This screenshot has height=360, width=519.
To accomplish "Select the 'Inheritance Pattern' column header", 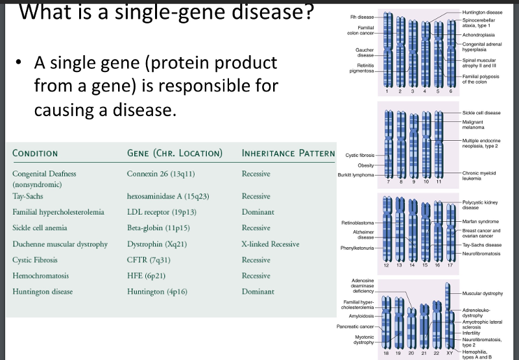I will click(288, 154).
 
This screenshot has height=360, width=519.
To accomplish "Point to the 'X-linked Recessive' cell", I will click(270, 244).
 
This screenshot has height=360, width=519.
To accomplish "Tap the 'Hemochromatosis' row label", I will click(41, 276).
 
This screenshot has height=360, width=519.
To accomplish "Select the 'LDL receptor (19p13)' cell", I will click(162, 212).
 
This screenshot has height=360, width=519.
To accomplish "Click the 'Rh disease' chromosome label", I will click(361, 17).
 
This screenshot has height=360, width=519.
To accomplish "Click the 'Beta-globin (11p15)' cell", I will click(160, 228).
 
